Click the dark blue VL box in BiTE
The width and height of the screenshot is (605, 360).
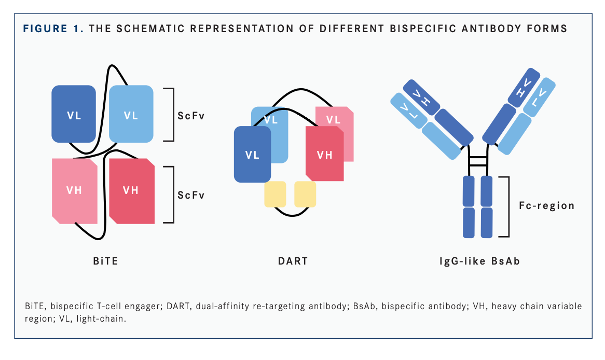74,114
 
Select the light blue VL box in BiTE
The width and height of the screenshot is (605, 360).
131,114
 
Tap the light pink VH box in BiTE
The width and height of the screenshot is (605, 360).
74,190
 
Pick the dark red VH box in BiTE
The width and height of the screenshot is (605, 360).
131,190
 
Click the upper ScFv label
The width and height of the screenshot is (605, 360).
191,115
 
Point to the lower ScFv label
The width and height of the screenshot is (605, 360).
191,195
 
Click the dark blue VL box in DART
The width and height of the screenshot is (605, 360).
252,154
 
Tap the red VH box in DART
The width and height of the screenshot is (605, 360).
325,154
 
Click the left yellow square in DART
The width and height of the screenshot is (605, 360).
275,194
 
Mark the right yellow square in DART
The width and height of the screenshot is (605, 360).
305,194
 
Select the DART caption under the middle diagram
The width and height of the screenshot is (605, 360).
293,260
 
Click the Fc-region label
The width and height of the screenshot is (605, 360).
547,206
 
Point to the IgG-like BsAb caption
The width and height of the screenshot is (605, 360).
478,260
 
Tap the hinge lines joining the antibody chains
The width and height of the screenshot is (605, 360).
478,161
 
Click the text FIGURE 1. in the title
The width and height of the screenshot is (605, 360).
53,28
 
